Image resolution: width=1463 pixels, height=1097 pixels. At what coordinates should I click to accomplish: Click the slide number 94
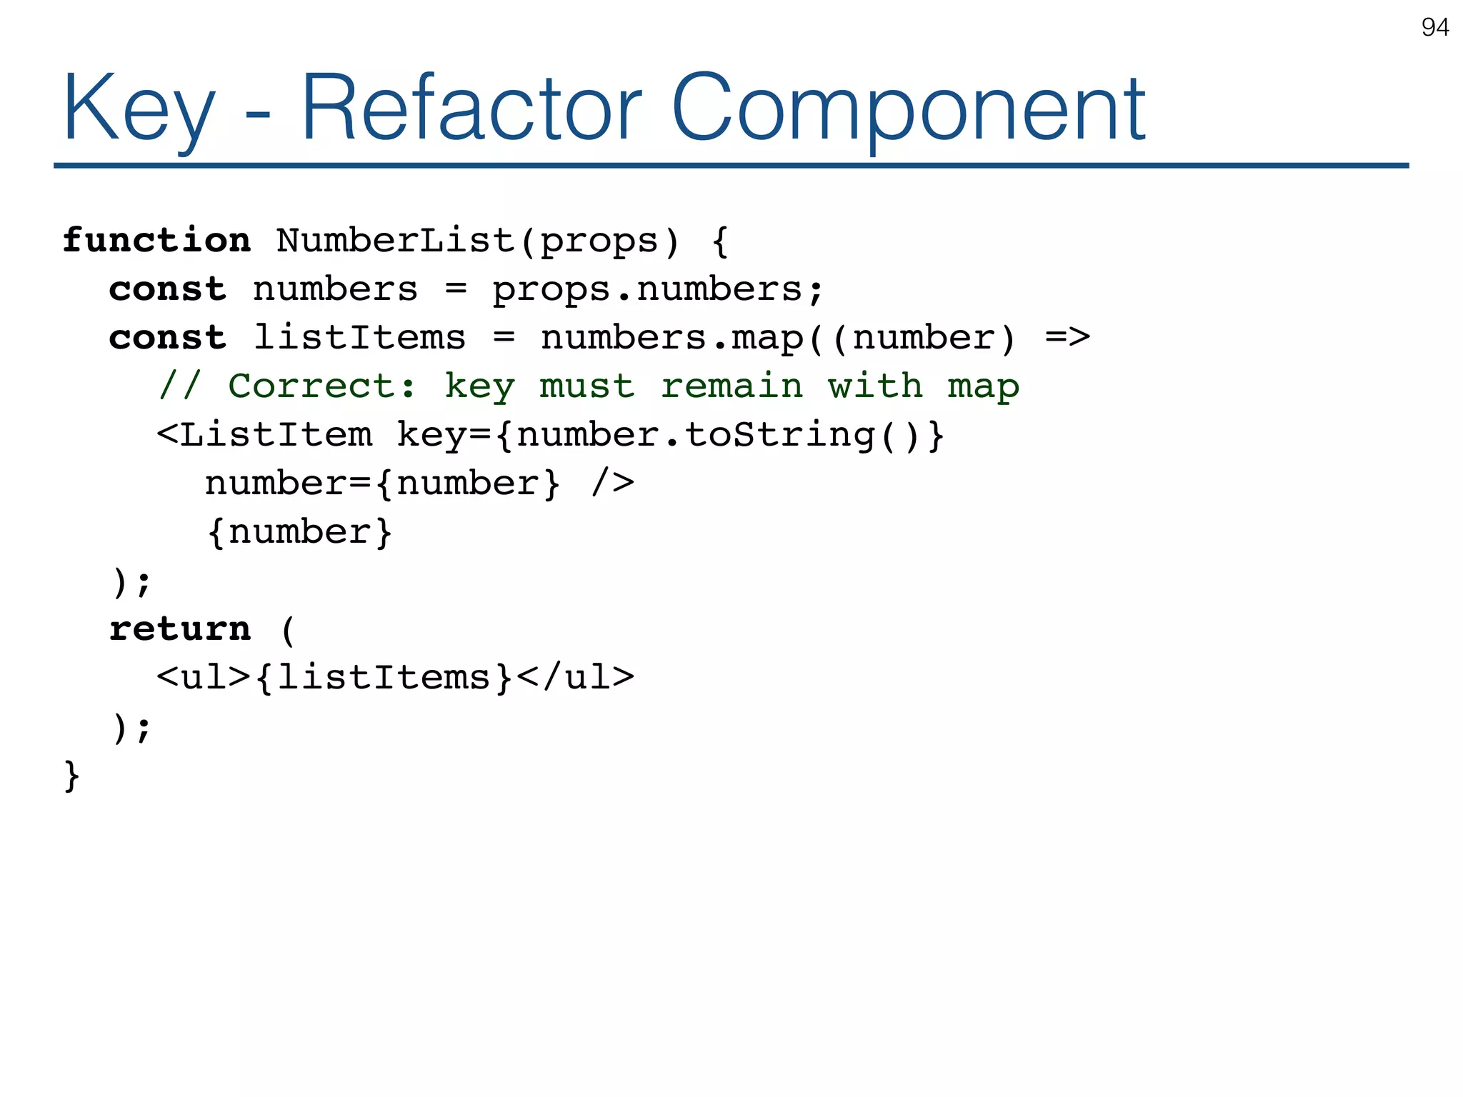[1434, 27]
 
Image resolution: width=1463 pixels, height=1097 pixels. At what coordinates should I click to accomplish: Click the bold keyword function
[156, 240]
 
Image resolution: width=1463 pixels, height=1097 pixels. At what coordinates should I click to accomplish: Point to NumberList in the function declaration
[395, 240]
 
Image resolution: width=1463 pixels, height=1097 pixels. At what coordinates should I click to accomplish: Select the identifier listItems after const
[359, 337]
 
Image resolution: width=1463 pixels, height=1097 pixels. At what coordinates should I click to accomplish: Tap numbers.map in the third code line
[671, 337]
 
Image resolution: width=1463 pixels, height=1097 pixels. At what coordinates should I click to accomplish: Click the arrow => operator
[1067, 337]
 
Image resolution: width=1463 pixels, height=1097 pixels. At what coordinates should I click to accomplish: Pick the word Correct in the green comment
[311, 386]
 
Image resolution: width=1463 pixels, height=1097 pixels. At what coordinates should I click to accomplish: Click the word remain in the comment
[731, 386]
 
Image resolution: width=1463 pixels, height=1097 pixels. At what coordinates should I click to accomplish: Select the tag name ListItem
[275, 435]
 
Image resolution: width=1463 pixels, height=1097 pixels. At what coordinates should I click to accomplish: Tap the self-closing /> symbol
[613, 484]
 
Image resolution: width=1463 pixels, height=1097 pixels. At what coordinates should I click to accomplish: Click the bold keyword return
[180, 629]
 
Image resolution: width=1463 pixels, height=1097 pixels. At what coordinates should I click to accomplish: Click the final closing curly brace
[71, 776]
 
